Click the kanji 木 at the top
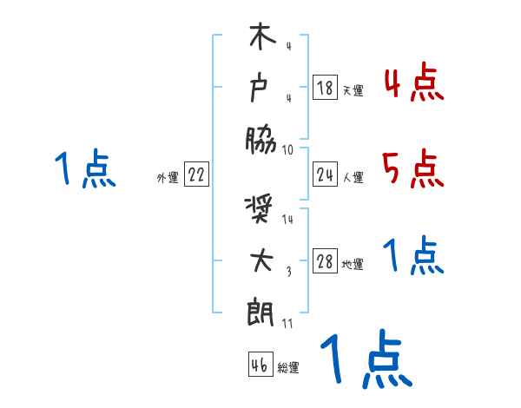[260, 42]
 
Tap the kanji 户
[260, 88]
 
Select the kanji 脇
[260, 138]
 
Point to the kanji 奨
[260, 212]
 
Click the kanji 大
[260, 261]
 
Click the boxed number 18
[325, 88]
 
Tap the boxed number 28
[325, 263]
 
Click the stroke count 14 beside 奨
[288, 220]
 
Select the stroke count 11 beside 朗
[288, 323]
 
